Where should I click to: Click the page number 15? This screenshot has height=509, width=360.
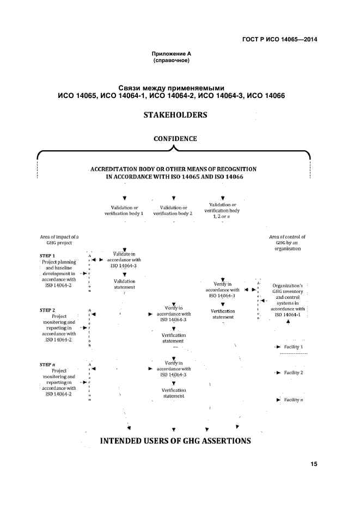(314, 464)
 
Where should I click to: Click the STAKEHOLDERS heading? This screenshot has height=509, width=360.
(175, 115)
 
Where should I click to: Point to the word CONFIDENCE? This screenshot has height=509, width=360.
(175, 139)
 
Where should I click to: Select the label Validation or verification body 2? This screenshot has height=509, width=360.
(173, 211)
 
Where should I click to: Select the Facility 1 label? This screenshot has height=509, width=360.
(294, 347)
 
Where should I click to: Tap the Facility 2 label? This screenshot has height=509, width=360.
(294, 372)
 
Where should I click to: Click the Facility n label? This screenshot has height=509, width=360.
(294, 400)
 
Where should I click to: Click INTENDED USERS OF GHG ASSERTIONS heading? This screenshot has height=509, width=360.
(175, 441)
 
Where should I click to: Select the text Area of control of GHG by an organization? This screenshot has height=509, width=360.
(288, 243)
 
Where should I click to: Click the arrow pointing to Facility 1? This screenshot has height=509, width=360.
(279, 347)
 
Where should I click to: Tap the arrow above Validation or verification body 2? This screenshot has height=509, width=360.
(173, 198)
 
